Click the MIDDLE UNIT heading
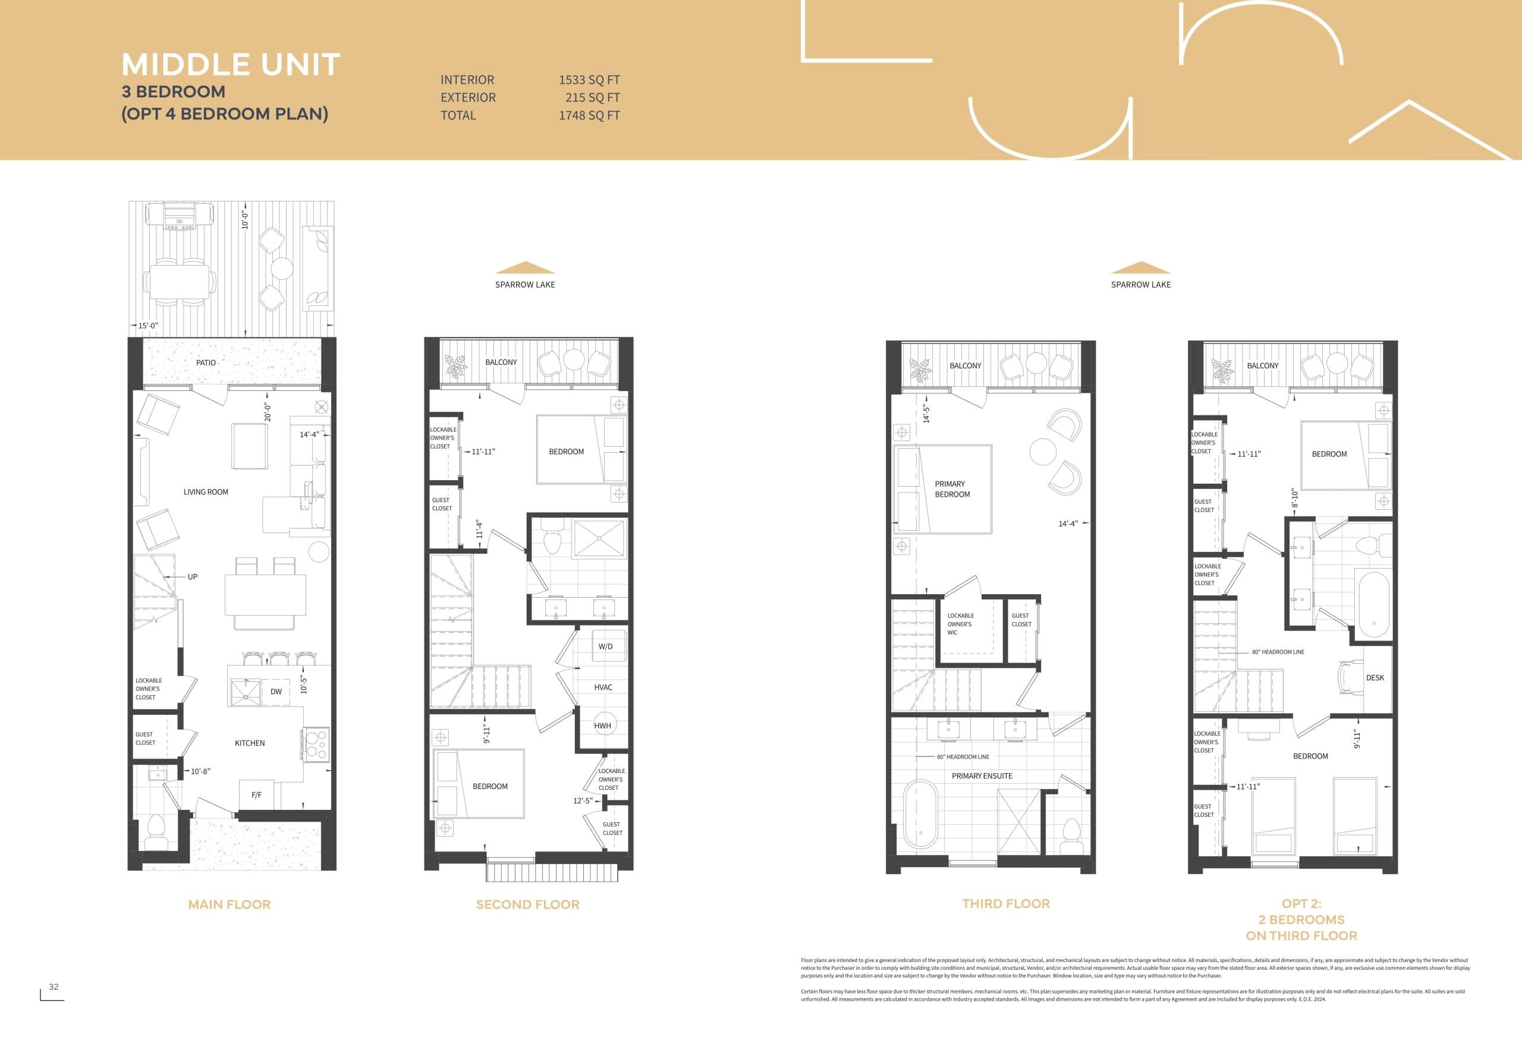[231, 65]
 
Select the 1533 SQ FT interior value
[589, 80]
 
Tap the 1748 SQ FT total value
[589, 115]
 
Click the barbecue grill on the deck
[180, 216]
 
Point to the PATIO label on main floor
[206, 362]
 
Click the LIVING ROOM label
[206, 492]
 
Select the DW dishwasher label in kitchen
[276, 692]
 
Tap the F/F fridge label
[256, 795]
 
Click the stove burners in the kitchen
[316, 745]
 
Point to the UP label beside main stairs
[193, 577]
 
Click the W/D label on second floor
[605, 646]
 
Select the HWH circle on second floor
[602, 725]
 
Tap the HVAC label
[602, 687]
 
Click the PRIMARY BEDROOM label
[952, 489]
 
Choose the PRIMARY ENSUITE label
[981, 776]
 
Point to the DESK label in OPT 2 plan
[1375, 677]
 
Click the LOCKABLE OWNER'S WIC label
[960, 624]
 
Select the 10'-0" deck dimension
[245, 219]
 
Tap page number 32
[54, 987]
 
